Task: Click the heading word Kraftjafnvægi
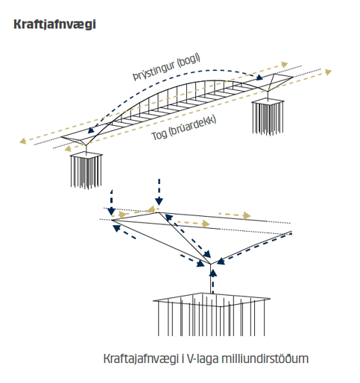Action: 54,25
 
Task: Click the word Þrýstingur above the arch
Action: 154,71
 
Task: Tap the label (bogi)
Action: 189,61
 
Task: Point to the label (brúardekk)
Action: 192,126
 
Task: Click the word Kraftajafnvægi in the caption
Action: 141,359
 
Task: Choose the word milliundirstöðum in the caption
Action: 265,358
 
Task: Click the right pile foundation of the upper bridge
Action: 268,117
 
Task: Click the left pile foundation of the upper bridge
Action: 86,171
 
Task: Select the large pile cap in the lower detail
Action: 211,314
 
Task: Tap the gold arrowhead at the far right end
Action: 328,72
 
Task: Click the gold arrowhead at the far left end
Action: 23,141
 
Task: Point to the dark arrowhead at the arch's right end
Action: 259,77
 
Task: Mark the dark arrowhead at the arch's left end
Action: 91,130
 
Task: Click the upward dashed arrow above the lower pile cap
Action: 213,282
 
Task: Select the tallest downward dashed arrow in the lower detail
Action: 159,191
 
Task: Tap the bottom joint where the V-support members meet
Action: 210,264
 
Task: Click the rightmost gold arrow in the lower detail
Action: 235,215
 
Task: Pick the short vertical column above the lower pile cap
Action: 210,279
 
